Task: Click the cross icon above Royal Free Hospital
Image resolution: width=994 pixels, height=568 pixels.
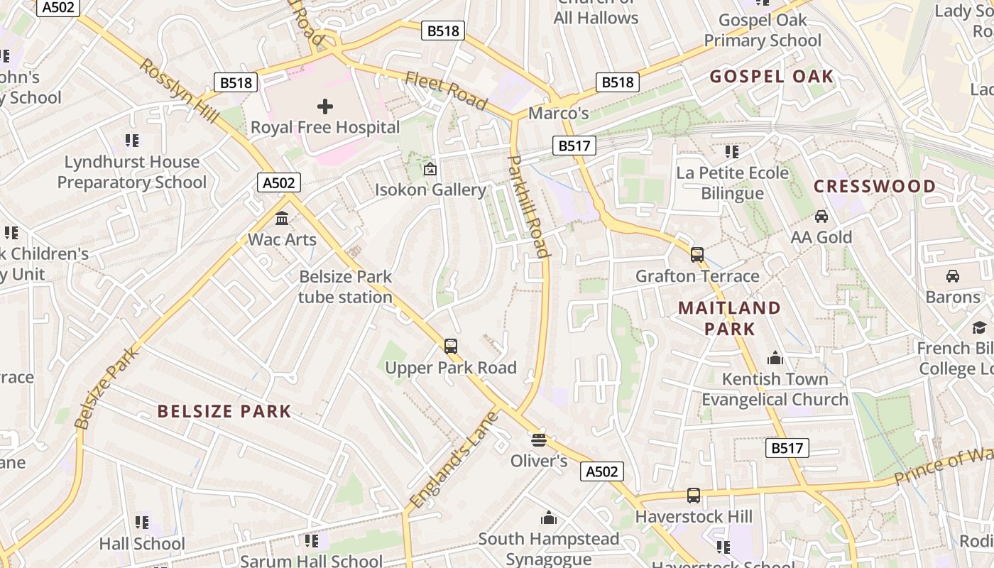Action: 325,106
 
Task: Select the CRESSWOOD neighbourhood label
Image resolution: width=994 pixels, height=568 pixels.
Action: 875,187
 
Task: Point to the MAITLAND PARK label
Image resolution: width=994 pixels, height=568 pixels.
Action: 729,318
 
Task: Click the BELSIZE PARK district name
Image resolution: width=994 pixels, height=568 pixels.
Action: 224,411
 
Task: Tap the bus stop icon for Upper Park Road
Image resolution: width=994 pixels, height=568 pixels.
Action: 451,346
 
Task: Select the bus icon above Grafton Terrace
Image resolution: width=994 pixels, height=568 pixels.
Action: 697,255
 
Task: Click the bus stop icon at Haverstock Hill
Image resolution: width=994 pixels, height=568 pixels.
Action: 694,496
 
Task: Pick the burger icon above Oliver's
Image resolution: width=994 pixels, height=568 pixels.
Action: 539,440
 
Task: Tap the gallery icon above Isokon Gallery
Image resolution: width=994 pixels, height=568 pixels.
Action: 430,169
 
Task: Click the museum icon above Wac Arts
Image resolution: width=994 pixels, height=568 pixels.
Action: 282,218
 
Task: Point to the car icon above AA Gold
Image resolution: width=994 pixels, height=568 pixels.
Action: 821,217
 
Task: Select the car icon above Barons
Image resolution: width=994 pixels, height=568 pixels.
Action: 953,276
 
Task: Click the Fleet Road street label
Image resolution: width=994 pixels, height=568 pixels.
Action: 447,91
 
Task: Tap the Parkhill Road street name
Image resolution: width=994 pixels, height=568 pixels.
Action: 529,206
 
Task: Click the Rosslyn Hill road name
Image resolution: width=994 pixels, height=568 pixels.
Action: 178,90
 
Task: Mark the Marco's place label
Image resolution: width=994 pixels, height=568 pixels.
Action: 559,114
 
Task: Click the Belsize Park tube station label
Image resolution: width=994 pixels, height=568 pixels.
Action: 345,287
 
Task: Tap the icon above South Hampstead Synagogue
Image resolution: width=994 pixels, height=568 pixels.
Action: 549,518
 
